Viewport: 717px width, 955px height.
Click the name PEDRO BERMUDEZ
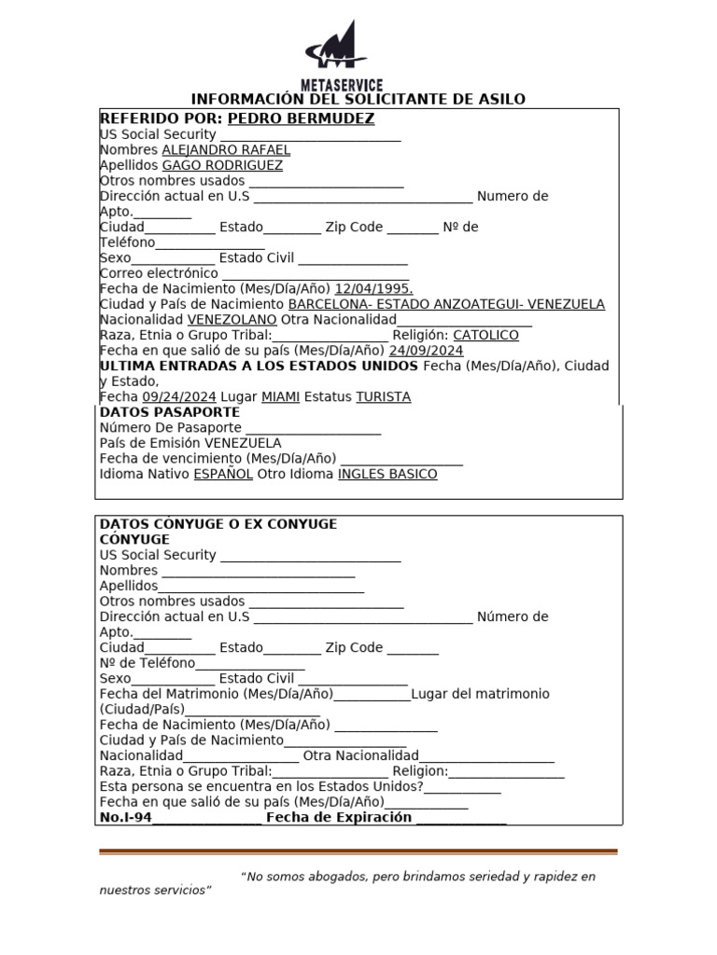tap(301, 118)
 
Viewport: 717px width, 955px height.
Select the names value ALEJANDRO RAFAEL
tap(226, 149)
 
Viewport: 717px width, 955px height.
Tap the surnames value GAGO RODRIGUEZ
tap(222, 165)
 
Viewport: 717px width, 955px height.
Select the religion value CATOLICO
tap(485, 335)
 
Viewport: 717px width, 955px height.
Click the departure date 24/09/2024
tap(426, 351)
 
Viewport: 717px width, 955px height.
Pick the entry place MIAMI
tap(280, 396)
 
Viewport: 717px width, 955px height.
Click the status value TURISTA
tap(383, 396)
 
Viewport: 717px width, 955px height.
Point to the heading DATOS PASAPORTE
tap(170, 412)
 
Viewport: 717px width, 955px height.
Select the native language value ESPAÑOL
tap(222, 474)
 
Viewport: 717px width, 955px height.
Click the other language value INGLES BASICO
tap(387, 474)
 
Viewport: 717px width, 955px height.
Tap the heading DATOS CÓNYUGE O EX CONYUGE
tap(218, 524)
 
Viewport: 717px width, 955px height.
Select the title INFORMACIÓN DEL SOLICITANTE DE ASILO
tap(358, 99)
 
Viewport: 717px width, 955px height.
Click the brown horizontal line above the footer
tap(358, 851)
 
